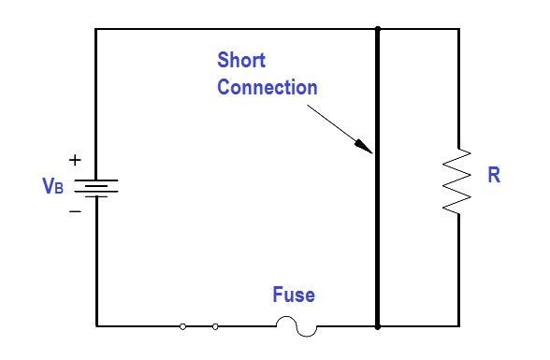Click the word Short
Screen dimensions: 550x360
(x=241, y=60)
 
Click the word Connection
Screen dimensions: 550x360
(x=268, y=87)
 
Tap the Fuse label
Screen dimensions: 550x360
(x=294, y=295)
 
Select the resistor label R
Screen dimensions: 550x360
(x=494, y=175)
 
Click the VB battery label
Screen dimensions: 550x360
(x=53, y=185)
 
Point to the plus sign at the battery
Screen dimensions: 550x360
(x=75, y=160)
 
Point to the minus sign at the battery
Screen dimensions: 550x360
(x=75, y=211)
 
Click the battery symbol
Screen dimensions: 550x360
(x=96, y=188)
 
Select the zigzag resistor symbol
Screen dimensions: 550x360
(x=457, y=180)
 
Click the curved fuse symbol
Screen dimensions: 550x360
(x=297, y=326)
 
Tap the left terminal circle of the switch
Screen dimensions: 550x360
(x=182, y=326)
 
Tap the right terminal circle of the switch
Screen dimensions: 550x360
(x=215, y=326)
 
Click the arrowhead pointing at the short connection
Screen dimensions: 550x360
(x=364, y=147)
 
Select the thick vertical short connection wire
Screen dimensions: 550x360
(x=378, y=178)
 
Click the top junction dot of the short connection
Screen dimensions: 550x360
(x=378, y=29)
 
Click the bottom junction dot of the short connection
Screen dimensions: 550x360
(x=378, y=326)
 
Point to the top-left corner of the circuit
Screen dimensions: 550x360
(x=95, y=29)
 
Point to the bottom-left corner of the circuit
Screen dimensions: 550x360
(x=97, y=326)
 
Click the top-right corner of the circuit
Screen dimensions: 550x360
(x=459, y=29)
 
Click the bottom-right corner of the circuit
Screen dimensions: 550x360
(x=459, y=326)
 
